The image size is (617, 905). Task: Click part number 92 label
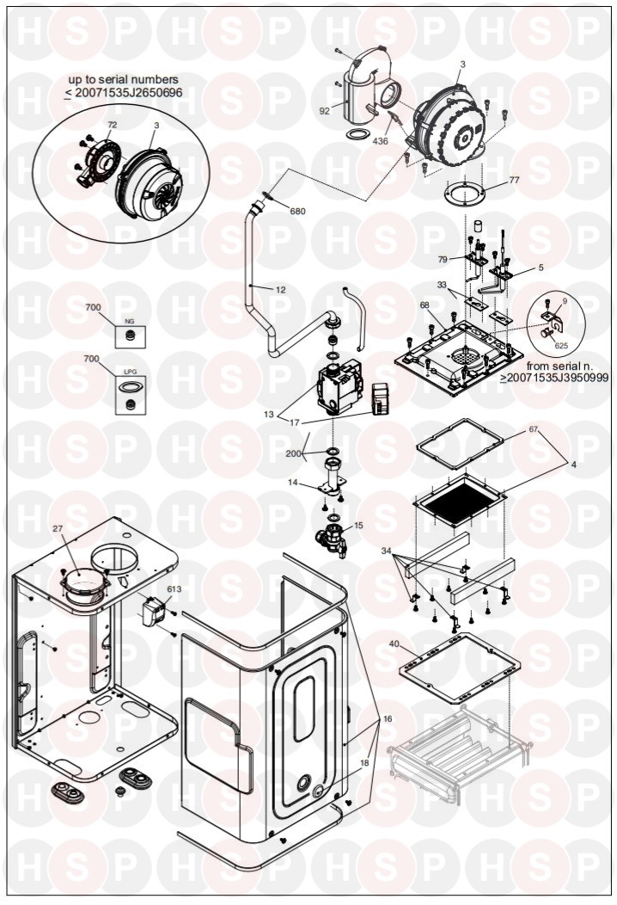[x=324, y=111]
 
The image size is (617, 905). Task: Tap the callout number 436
[x=380, y=141]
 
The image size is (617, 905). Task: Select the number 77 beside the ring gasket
[x=515, y=180]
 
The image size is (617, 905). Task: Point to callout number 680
[x=297, y=212]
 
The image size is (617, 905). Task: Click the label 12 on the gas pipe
[x=281, y=290]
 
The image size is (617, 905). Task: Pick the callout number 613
[x=174, y=589]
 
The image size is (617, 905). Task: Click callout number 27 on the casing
[x=58, y=528]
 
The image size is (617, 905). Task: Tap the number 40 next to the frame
[x=394, y=643]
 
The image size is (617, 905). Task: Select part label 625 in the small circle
[x=561, y=347]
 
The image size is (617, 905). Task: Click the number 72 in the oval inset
[x=113, y=125]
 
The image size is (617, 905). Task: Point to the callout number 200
[x=294, y=453]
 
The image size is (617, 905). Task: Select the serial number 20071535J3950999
[x=559, y=378]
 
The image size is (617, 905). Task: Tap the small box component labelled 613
[x=151, y=611]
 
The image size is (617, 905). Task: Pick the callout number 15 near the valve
[x=358, y=526]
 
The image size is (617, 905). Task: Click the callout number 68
[x=425, y=305]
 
